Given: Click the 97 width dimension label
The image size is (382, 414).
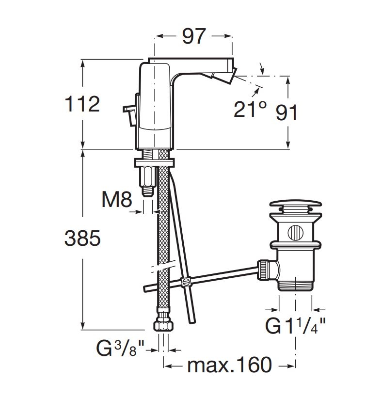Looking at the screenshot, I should [x=194, y=36].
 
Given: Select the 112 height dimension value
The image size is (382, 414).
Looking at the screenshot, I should [x=82, y=104].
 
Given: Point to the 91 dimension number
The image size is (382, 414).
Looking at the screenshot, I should [x=287, y=112].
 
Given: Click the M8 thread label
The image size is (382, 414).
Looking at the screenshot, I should [x=116, y=199].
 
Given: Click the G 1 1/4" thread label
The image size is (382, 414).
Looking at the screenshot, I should [x=295, y=326].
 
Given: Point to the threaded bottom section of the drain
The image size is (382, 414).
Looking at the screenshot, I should [x=295, y=284].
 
